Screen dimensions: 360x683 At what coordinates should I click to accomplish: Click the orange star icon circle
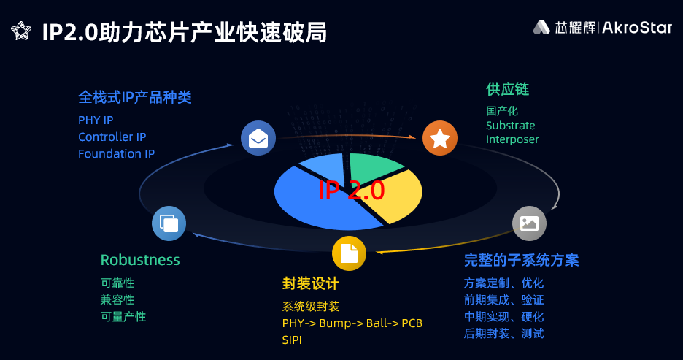click(x=439, y=138)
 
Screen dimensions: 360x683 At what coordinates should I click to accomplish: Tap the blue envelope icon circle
click(x=258, y=138)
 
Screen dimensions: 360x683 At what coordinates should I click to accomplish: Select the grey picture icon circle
click(x=529, y=223)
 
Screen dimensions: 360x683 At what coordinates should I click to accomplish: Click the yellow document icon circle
click(x=349, y=253)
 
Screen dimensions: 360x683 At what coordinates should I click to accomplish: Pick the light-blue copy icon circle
click(x=169, y=223)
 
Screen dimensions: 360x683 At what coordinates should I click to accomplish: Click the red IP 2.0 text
click(x=351, y=191)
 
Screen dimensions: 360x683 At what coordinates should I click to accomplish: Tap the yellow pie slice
click(x=394, y=197)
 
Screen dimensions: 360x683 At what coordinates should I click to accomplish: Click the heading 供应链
click(x=507, y=89)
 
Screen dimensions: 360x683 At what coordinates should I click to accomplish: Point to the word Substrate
click(x=510, y=125)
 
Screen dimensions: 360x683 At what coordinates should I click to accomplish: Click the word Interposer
click(x=512, y=139)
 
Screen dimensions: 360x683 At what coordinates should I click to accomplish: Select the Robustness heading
click(x=140, y=260)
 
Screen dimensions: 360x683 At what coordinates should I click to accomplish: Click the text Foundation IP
click(x=116, y=153)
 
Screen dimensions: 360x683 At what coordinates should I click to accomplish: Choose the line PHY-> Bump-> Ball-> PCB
click(x=352, y=323)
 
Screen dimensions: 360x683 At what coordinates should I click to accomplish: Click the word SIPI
click(x=292, y=340)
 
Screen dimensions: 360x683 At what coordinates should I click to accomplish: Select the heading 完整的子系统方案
click(x=521, y=260)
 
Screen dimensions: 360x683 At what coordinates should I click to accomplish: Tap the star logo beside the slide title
click(x=21, y=31)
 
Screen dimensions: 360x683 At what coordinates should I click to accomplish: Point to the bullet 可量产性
click(x=123, y=316)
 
